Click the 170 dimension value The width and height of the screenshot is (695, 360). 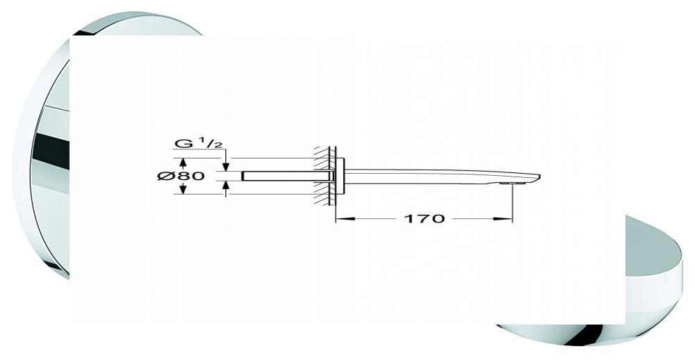[x=424, y=218]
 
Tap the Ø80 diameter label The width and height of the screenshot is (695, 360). [x=181, y=176]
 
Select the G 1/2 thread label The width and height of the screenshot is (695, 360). [x=198, y=143]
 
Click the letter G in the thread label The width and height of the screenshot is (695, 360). [x=181, y=144]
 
